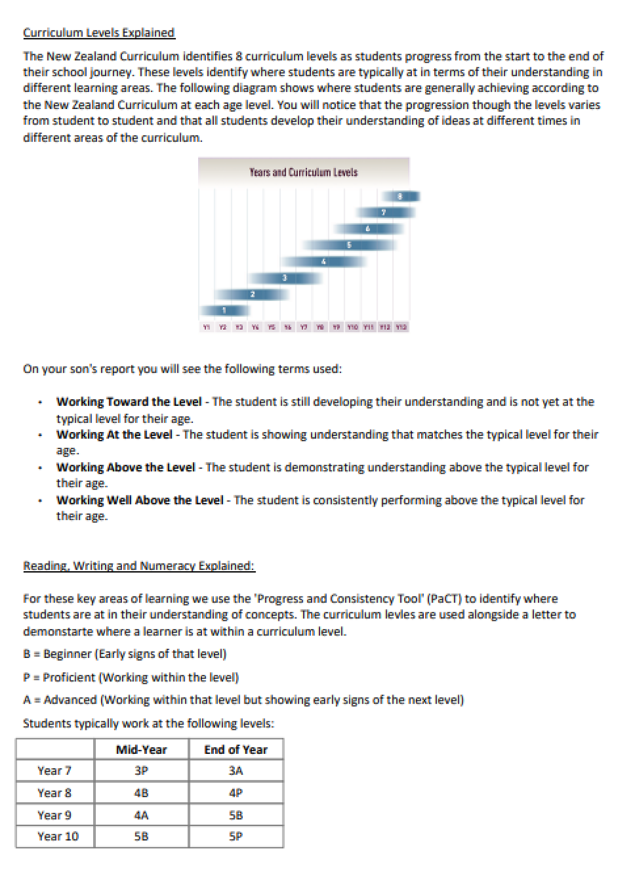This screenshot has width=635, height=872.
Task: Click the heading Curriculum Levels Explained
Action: click(99, 33)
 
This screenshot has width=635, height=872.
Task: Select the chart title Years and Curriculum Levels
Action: click(303, 173)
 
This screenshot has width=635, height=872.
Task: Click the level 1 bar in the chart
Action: click(225, 310)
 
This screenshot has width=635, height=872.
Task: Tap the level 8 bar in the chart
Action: click(400, 197)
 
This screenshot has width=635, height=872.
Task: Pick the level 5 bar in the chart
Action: click(349, 245)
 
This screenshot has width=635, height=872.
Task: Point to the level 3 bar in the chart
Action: click(285, 278)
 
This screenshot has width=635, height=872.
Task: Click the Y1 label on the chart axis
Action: click(206, 327)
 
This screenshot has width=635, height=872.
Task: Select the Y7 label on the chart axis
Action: click(304, 327)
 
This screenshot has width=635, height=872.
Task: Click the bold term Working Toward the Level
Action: click(129, 402)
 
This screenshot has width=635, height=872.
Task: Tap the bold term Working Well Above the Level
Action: click(140, 500)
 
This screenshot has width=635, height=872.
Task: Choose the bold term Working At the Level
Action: click(115, 434)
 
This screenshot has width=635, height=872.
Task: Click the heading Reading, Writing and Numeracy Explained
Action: click(139, 565)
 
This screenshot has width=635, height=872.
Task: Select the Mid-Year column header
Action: click(142, 749)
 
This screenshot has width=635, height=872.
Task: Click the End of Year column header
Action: click(236, 749)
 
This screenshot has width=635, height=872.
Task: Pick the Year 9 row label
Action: click(54, 815)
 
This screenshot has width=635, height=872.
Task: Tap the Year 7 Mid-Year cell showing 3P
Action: click(142, 770)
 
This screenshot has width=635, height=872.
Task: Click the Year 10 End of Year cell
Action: click(236, 836)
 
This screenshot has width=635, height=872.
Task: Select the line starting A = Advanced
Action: click(243, 700)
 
